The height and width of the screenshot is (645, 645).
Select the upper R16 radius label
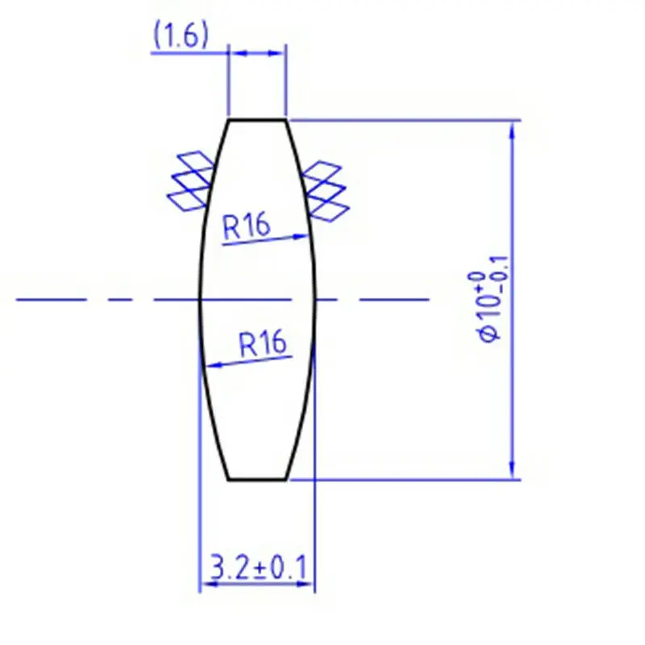pyautogui.click(x=246, y=227)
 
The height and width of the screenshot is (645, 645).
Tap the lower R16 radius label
pyautogui.click(x=263, y=344)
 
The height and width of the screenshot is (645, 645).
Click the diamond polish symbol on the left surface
pyautogui.click(x=191, y=181)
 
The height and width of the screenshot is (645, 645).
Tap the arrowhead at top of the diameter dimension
pyautogui.click(x=510, y=129)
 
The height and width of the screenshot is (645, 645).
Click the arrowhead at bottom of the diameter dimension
pyautogui.click(x=510, y=471)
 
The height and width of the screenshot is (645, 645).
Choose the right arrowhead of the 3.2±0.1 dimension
pyautogui.click(x=306, y=586)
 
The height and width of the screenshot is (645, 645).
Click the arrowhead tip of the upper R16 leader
pyautogui.click(x=309, y=235)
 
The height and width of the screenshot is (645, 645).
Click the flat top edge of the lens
pyautogui.click(x=258, y=120)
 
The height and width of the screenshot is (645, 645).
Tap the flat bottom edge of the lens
pyautogui.click(x=258, y=480)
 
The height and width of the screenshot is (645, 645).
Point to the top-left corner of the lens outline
pyautogui.click(x=230, y=120)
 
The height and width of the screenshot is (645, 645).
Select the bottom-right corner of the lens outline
pyautogui.click(x=286, y=480)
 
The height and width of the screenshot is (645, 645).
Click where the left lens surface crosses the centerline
pyautogui.click(x=200, y=300)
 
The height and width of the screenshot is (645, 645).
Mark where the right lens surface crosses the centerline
pyautogui.click(x=315, y=300)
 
